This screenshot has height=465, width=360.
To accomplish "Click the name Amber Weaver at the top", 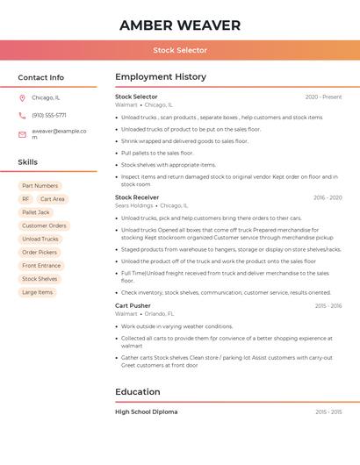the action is point(180,25).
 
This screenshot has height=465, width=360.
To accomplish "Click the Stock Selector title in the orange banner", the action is point(180,51).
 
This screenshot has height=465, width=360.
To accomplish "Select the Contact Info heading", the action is point(41,77).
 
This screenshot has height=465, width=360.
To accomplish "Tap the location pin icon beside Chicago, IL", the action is point(22,98).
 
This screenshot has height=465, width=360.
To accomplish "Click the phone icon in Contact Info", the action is point(22,116).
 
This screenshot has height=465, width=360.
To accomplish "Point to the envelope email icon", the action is point(22,134).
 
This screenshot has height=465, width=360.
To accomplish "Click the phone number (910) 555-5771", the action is point(49,116).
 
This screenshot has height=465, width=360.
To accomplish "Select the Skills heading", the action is point(28,162).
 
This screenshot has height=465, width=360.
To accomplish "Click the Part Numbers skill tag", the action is point(40,186).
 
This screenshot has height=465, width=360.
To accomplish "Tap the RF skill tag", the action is point(25,199).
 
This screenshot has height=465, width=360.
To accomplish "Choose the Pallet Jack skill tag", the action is point(36,212).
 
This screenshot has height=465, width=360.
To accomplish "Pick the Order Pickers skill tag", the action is point(40,252).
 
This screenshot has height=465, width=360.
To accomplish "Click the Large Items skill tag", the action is point(38,292).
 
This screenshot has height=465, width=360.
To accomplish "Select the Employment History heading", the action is point(161,77).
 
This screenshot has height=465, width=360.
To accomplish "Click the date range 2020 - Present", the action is point(323,97).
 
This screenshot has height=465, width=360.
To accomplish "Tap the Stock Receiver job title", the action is point(137,197).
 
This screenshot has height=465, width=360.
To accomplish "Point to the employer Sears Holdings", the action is point(134,206).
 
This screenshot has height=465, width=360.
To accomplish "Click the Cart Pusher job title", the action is point(133,305).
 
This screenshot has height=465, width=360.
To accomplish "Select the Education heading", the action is point(138,392).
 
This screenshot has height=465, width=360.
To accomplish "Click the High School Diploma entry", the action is point(146,411).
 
